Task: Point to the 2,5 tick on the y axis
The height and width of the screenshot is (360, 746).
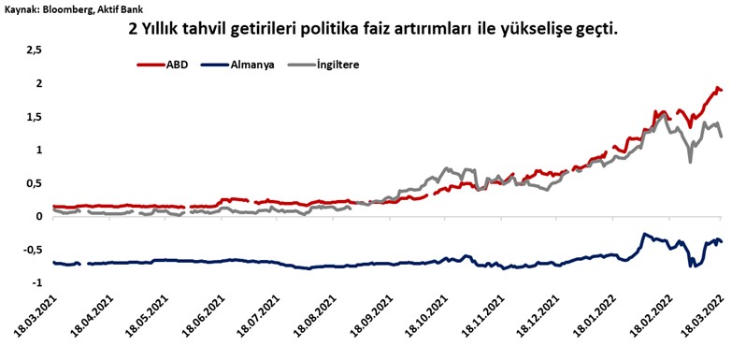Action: point(33,50)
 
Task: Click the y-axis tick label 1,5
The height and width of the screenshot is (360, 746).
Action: point(33,116)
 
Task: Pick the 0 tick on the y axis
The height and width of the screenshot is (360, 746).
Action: point(38,216)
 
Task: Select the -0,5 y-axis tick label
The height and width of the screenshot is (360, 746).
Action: point(31,250)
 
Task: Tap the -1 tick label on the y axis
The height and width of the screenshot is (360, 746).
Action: point(36,282)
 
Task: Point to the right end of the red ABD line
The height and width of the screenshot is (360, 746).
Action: point(722,90)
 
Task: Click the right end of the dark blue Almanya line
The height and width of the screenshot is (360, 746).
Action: point(722,242)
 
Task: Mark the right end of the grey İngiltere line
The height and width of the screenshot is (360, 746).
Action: point(722,137)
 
